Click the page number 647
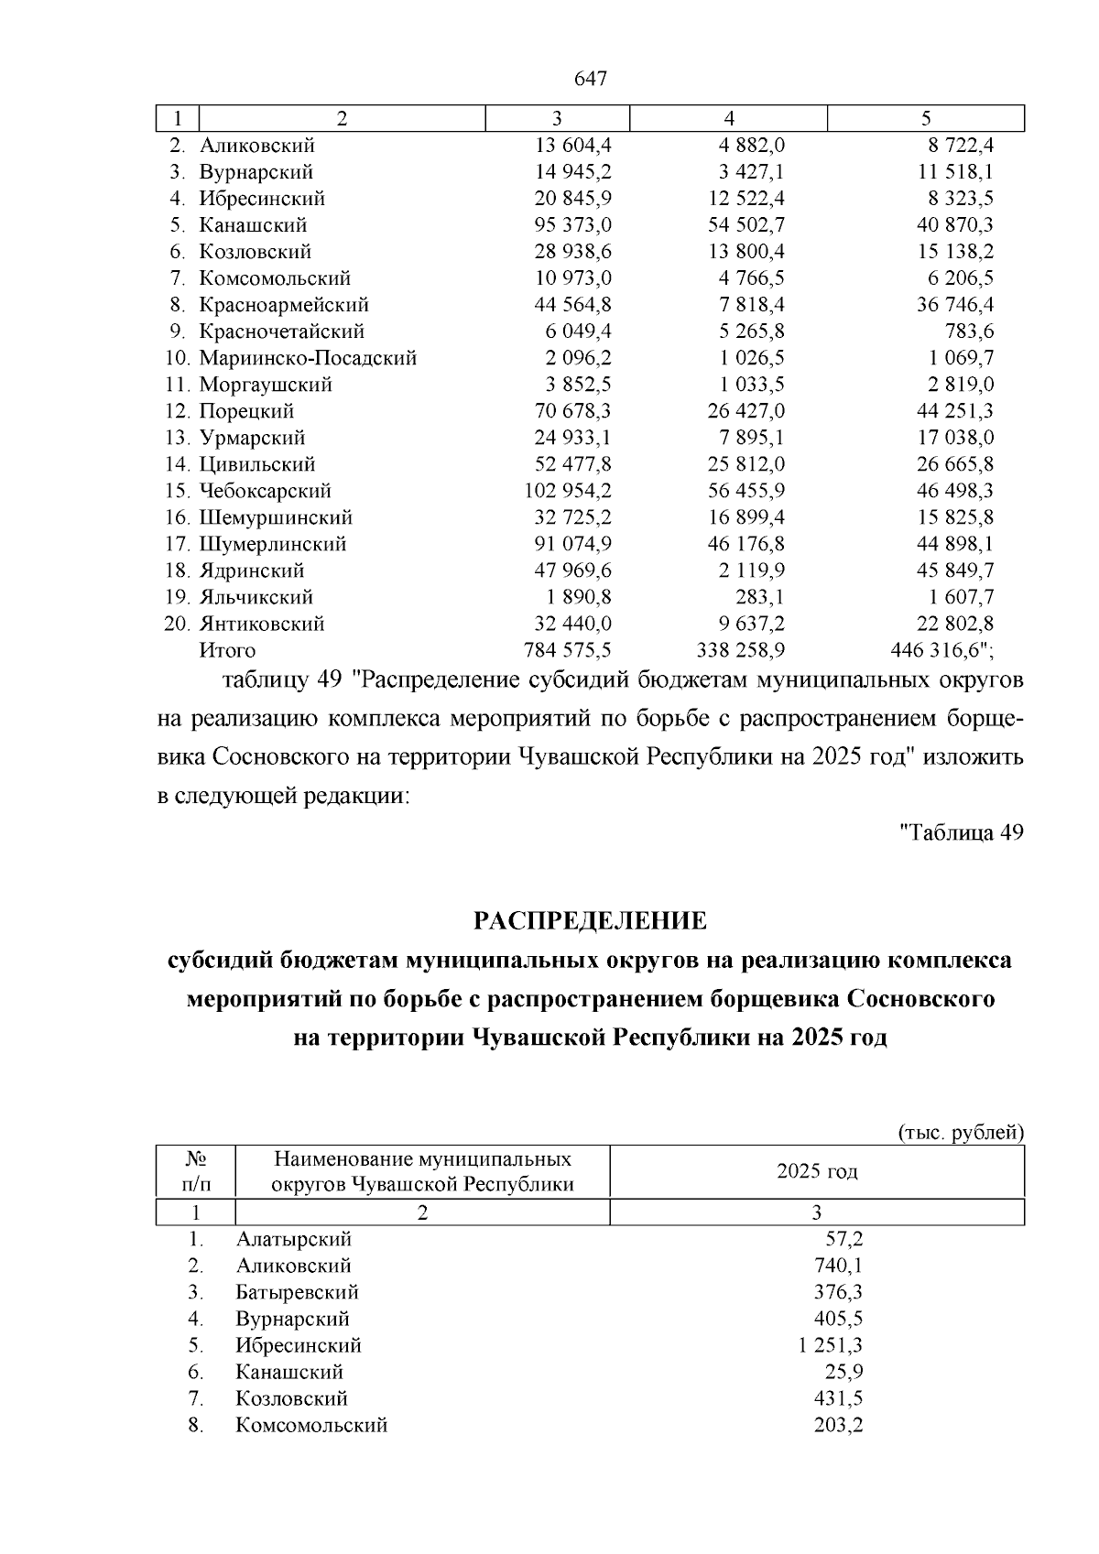[591, 80]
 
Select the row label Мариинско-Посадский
[308, 358]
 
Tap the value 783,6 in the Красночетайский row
[968, 331]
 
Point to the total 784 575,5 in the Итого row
[567, 651]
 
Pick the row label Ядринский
[251, 571]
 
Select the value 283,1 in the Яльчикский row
[761, 597]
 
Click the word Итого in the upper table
[227, 651]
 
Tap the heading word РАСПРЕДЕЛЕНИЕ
[590, 920]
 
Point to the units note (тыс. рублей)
[960, 1133]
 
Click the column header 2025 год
[817, 1171]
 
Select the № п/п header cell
[196, 1171]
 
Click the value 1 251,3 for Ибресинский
[830, 1345]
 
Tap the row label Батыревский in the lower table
[297, 1292]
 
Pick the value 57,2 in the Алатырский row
[844, 1239]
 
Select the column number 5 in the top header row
[926, 118]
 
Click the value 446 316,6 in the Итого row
[941, 651]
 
